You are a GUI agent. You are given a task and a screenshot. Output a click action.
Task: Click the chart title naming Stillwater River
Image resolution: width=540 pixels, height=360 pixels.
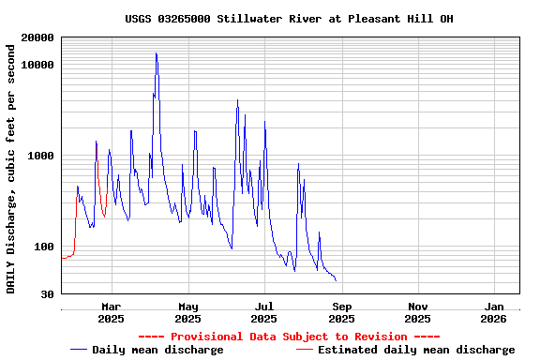click(289, 19)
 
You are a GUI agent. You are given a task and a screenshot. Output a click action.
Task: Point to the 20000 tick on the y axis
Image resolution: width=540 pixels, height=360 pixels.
click(38, 37)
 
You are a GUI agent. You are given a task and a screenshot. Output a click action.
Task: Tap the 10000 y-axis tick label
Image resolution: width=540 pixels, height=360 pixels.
click(38, 65)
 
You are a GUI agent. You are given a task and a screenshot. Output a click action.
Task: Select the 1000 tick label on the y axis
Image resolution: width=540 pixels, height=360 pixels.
click(42, 156)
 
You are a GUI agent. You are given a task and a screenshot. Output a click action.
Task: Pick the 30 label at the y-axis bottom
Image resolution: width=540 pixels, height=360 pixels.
click(49, 294)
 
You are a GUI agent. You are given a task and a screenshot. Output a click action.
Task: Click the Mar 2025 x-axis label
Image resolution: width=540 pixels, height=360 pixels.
click(112, 312)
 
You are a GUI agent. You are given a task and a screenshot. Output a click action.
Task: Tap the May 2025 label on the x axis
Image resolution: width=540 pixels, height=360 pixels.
click(188, 312)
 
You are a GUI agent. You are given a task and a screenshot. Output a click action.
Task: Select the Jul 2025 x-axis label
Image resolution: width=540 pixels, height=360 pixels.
click(265, 312)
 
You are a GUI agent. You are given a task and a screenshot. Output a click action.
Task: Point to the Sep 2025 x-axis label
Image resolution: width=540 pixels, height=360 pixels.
click(342, 312)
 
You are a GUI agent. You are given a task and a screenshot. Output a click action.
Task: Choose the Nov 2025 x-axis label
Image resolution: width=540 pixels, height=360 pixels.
click(419, 312)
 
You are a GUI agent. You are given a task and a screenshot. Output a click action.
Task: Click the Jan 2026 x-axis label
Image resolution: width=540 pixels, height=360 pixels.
click(496, 312)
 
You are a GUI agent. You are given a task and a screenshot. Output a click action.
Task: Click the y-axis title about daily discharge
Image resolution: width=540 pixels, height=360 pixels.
click(11, 166)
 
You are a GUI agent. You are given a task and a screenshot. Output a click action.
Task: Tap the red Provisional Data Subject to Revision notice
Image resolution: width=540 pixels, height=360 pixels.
click(289, 337)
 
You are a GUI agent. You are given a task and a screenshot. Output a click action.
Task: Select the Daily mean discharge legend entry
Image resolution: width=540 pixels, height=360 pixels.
click(157, 350)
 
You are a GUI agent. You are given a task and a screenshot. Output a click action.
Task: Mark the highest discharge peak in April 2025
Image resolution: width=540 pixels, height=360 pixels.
click(157, 53)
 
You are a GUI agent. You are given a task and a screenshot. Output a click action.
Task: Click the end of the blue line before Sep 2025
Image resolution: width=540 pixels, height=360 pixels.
click(336, 279)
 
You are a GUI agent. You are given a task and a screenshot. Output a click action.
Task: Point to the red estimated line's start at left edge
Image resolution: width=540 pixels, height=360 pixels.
click(62, 258)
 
